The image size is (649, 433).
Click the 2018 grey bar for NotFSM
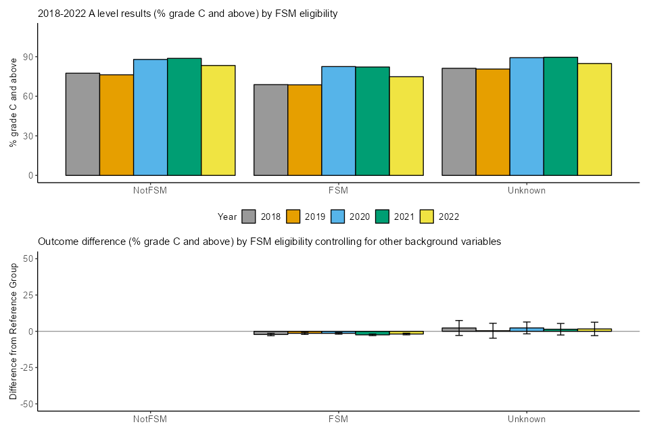pos(82,124)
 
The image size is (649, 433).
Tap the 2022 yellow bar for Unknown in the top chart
pos(594,119)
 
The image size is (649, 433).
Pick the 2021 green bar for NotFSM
pos(185,116)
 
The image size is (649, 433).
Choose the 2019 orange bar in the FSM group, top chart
pos(305,130)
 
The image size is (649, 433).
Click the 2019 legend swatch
pos(293,216)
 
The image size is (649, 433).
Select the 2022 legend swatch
pos(427,216)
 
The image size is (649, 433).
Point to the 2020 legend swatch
pos(338,216)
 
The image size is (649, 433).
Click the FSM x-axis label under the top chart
pos(339,191)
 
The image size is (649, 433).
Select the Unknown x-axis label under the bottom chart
pos(527,419)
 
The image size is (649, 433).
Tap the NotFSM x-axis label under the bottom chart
pos(150,419)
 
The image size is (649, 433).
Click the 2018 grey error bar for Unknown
pos(459,327)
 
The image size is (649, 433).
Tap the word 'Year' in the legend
pos(227,216)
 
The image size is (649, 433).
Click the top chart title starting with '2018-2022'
pos(187,13)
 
